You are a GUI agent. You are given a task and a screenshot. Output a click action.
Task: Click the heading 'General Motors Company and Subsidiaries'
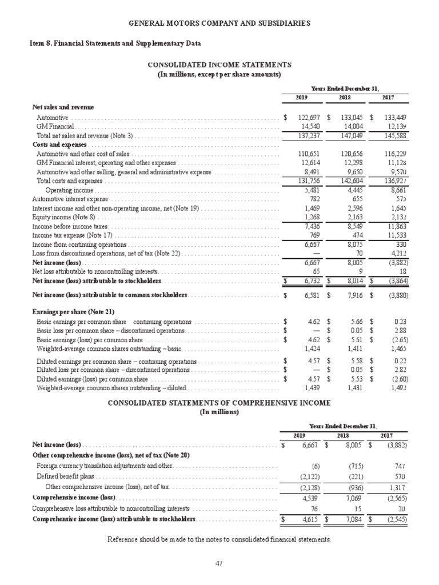point(219,23)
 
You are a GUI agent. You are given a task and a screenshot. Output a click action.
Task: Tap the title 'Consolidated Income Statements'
point(219,65)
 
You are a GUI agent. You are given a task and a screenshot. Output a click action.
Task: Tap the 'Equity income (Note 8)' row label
point(64,218)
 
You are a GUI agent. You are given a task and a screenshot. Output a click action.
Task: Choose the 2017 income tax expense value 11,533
point(393,235)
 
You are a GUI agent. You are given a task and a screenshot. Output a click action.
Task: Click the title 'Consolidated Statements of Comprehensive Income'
point(219,403)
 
